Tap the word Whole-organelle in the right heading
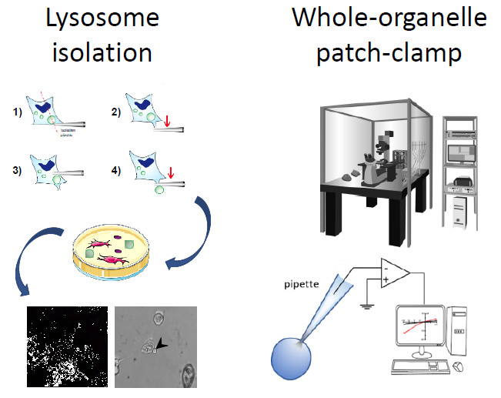389,18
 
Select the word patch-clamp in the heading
389,52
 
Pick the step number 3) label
19,171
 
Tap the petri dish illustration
111,255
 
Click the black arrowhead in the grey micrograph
159,344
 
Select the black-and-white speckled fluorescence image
68,346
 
